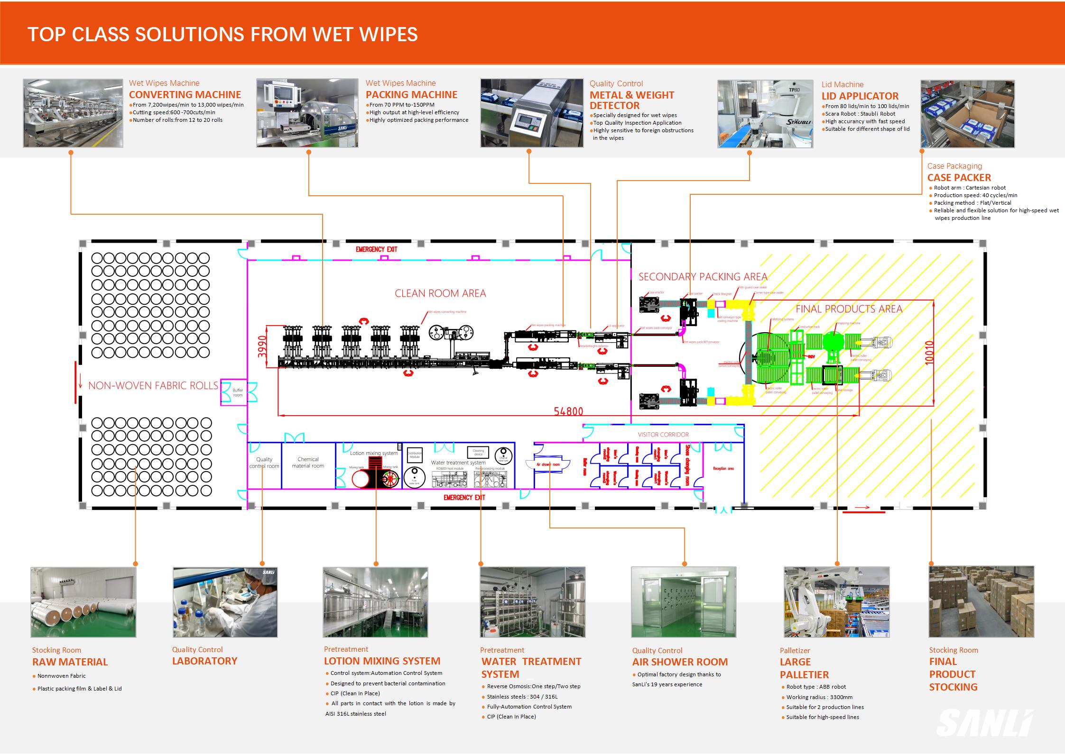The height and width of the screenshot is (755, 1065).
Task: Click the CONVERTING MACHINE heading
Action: [185, 95]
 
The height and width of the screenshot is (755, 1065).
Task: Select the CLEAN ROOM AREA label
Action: [440, 293]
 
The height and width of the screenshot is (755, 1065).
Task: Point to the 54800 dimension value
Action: [568, 411]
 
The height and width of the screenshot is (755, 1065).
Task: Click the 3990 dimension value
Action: [262, 346]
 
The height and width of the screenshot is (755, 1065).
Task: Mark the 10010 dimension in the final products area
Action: [929, 353]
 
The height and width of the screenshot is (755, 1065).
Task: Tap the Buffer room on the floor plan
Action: [238, 393]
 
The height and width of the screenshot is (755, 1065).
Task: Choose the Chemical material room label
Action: [308, 463]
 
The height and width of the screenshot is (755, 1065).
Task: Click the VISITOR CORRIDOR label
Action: [663, 434]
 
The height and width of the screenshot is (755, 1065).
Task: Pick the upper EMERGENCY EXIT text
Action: [377, 249]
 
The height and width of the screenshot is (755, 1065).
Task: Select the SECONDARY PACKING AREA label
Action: [703, 277]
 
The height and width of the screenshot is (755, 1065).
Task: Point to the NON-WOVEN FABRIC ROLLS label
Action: [153, 386]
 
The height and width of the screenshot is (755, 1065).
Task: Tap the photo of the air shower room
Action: [684, 602]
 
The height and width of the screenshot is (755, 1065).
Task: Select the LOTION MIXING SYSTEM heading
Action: [382, 661]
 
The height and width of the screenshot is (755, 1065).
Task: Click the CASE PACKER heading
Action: [959, 178]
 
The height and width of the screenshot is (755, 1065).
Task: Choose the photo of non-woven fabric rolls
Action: [83, 602]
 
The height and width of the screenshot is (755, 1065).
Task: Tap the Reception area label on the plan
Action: [723, 469]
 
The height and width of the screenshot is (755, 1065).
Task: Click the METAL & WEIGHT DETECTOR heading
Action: [631, 100]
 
